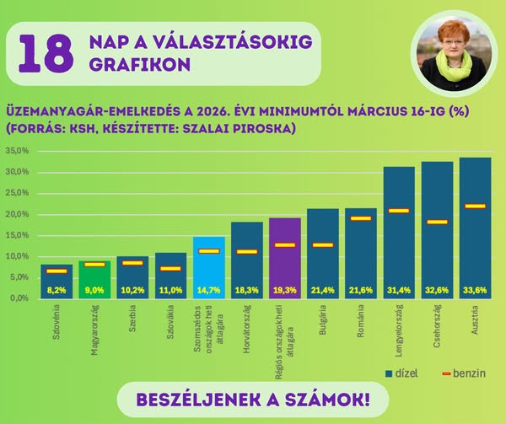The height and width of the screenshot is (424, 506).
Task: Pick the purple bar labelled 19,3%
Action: point(285,257)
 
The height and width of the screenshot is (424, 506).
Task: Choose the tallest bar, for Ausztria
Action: point(476,228)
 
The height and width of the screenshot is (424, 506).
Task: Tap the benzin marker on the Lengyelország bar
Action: point(399,211)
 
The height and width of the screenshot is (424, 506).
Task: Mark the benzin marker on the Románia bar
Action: point(361,218)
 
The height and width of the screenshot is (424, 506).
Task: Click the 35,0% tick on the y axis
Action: point(17,152)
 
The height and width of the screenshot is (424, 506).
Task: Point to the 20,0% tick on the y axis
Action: point(17,214)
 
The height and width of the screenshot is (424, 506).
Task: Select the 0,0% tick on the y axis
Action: point(19,298)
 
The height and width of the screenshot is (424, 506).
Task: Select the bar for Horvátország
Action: point(247,260)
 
